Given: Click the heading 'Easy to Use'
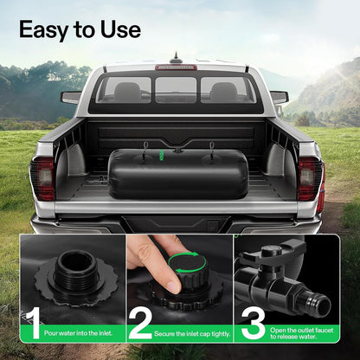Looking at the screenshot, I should click(80, 29).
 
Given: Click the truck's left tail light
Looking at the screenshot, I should click(43, 178).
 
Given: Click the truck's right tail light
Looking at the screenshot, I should click(309, 178).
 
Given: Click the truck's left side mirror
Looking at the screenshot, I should click(71, 98).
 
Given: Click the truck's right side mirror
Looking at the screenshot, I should click(279, 97).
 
